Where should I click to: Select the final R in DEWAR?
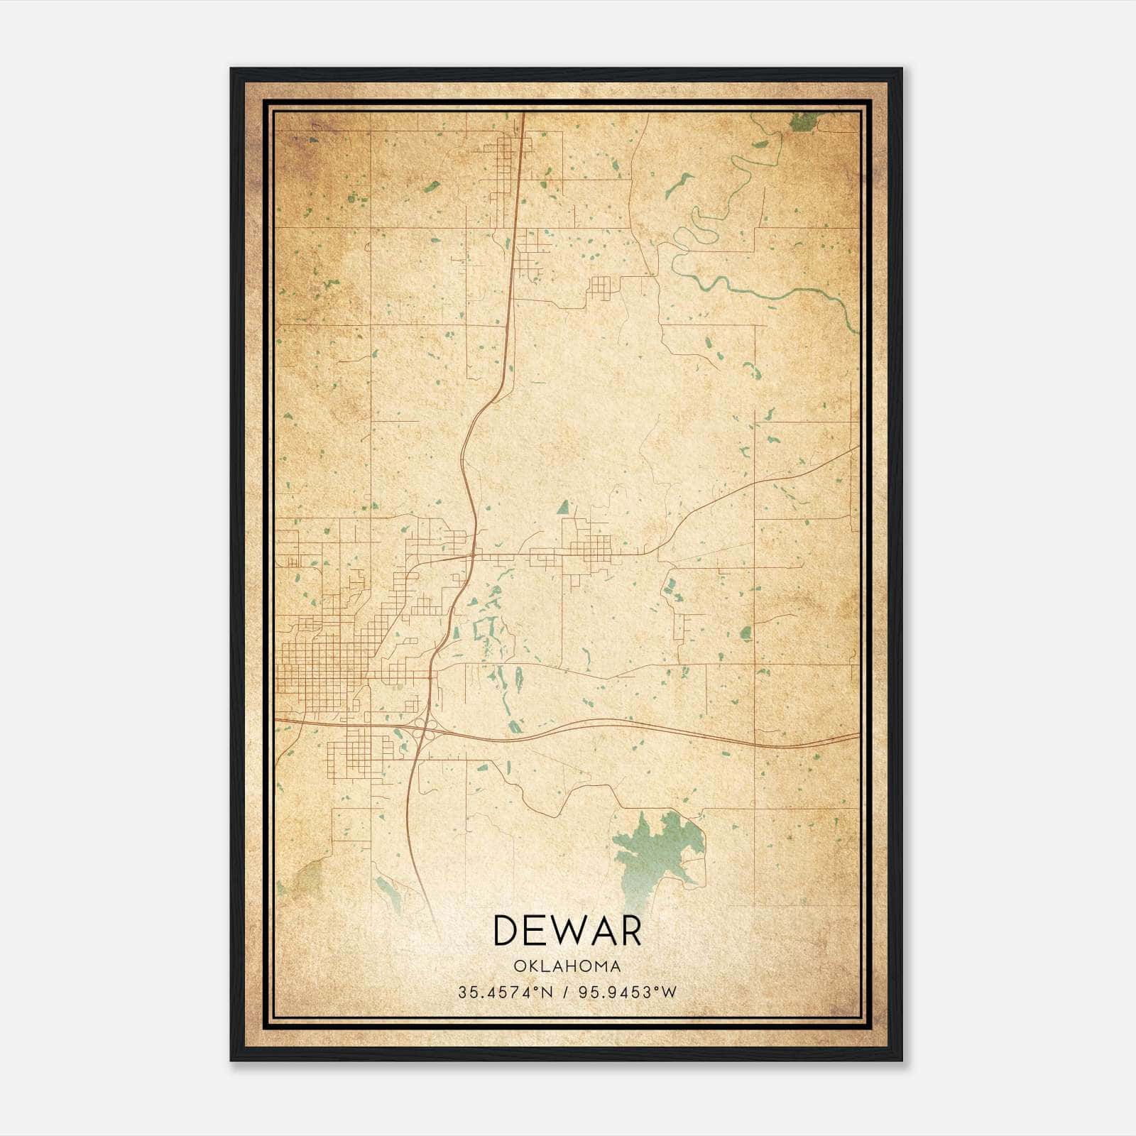(x=628, y=931)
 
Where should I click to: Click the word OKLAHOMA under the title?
(x=567, y=966)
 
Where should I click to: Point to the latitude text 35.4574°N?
(x=504, y=992)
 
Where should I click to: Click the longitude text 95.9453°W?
(x=628, y=992)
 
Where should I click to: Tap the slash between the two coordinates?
(x=567, y=992)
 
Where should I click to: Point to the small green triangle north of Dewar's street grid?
(x=563, y=507)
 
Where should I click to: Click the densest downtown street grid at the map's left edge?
(x=319, y=664)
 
